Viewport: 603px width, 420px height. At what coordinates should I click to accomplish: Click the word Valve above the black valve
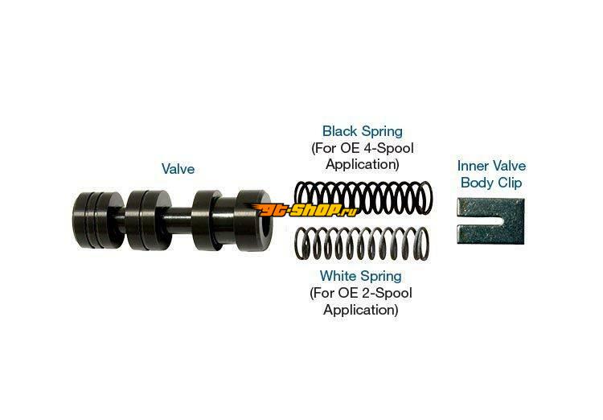(x=178, y=169)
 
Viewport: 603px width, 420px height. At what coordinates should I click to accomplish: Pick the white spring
(x=362, y=244)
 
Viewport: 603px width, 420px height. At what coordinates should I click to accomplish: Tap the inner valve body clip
(x=491, y=221)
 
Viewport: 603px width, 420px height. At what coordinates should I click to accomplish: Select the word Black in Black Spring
(x=339, y=131)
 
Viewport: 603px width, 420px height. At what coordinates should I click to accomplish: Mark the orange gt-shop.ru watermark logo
(x=305, y=209)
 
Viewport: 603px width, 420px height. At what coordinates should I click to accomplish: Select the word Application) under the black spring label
(x=363, y=164)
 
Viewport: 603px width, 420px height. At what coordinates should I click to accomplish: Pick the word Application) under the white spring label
(x=360, y=310)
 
